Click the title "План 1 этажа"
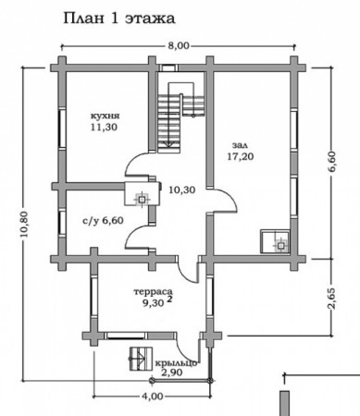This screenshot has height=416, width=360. pos(119,18)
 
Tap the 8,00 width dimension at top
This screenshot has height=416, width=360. pos(179,46)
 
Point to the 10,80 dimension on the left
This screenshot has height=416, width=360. pos(24,224)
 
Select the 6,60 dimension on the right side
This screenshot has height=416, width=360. pos(334,166)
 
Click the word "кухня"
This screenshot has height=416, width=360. pos(105,116)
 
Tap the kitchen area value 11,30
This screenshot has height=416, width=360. pos(105,127)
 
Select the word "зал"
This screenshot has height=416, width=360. pos(240,145)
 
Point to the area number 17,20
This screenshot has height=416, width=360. pos(241,156)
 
